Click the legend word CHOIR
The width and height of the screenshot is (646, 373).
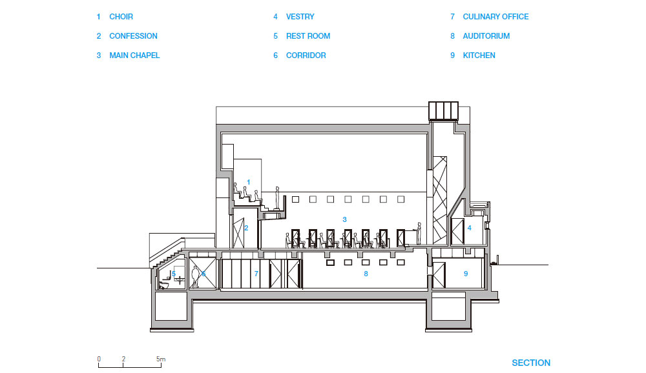point(121,17)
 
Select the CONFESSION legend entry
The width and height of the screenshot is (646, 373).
point(133,36)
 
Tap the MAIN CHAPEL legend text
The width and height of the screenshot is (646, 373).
point(134,55)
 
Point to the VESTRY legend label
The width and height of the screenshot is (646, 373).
point(300,17)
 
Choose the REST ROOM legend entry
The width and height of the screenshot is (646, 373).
point(308,36)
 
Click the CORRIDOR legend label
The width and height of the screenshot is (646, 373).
point(306,55)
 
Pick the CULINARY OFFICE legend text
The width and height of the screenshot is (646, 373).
point(495,17)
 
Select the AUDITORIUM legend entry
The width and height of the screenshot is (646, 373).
point(486,36)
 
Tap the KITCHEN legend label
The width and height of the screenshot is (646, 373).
point(479,55)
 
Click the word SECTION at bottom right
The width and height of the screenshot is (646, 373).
point(531,363)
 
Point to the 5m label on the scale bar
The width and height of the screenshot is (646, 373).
point(161,359)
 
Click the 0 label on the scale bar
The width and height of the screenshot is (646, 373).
point(99,359)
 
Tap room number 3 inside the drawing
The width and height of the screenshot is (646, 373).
point(344,219)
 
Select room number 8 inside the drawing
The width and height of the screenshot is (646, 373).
point(366,274)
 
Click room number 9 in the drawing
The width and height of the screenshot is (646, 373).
point(466,274)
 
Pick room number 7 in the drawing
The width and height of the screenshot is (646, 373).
point(256,274)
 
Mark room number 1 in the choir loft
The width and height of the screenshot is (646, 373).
point(248,183)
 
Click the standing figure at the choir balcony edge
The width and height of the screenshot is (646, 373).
point(278,197)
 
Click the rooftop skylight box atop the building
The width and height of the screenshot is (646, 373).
point(443,110)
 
